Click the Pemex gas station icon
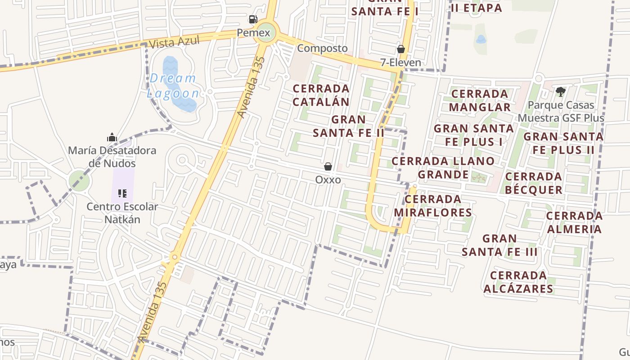tap(253, 19)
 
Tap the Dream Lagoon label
tap(173, 85)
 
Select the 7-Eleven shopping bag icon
tap(400, 49)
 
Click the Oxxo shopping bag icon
tap(328, 166)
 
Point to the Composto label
tap(323, 48)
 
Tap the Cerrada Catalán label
tap(321, 95)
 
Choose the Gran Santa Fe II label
tap(349, 126)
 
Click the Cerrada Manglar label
tap(480, 100)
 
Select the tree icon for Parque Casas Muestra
tap(560, 92)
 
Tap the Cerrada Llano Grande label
tap(443, 167)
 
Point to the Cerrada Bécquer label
tap(534, 183)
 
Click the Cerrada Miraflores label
tap(433, 206)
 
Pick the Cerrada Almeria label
tap(574, 222)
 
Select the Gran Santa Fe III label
tap(499, 245)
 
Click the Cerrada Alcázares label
tap(518, 282)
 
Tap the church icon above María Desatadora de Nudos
tap(112, 137)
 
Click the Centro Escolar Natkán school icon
tap(122, 193)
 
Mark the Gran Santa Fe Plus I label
tap(474, 135)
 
